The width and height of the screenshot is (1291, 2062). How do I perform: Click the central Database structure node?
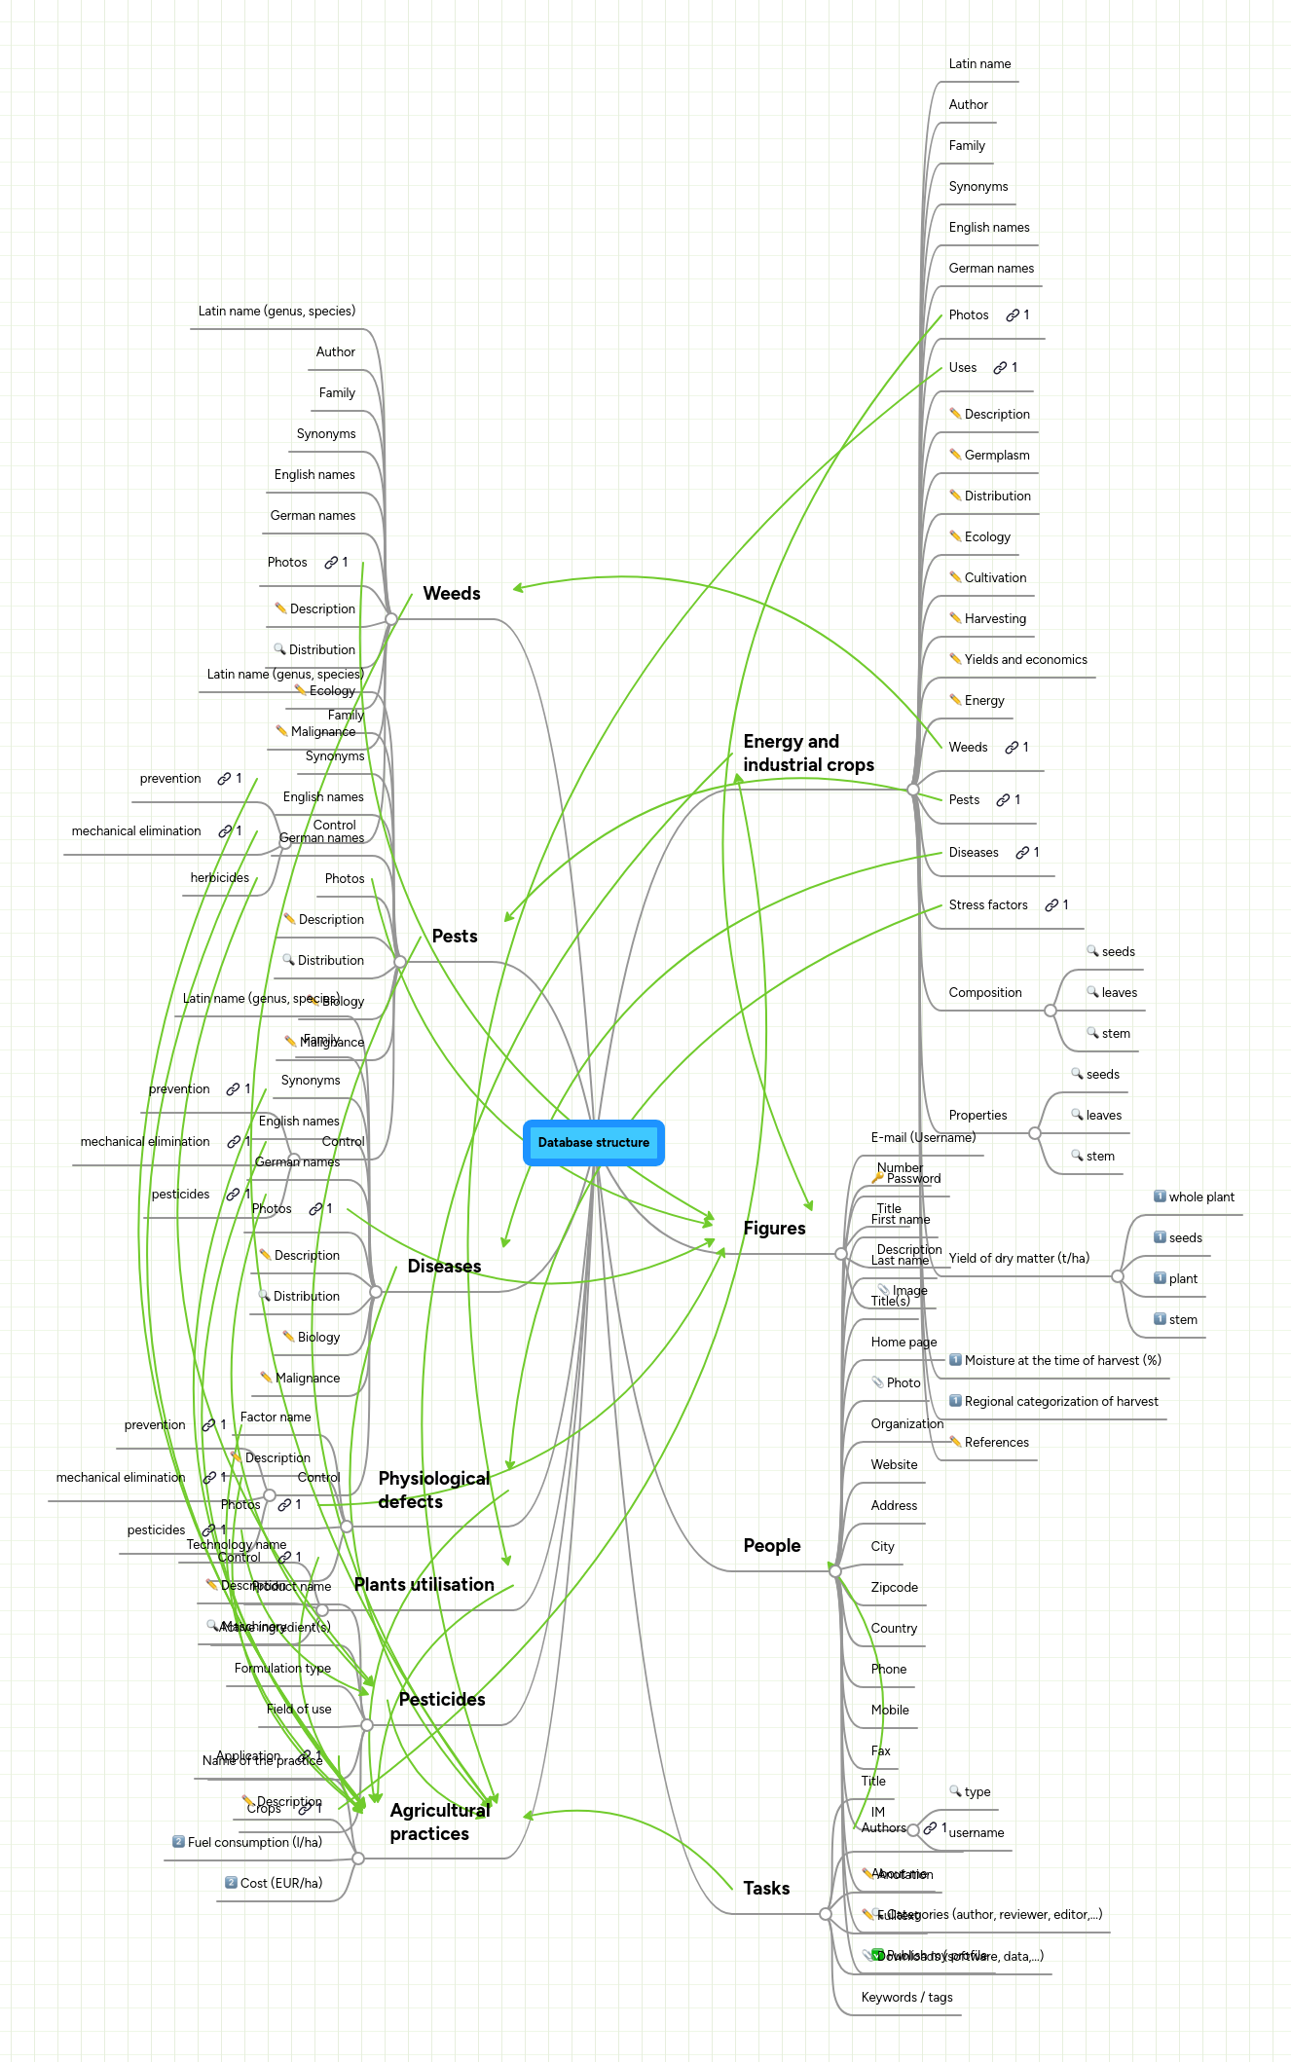[x=593, y=1142]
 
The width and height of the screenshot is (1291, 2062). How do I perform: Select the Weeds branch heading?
[x=452, y=594]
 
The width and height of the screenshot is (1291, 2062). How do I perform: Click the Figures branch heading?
[x=774, y=1229]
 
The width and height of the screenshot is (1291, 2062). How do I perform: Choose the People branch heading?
[x=771, y=1546]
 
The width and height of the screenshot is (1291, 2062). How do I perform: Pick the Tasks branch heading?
[x=766, y=1889]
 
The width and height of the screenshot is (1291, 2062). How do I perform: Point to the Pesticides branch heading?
[x=442, y=1700]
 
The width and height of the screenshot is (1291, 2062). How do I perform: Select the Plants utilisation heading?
[x=424, y=1585]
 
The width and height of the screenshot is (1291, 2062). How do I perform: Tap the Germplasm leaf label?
[x=996, y=456]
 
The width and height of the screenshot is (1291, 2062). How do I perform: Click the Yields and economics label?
[x=1025, y=660]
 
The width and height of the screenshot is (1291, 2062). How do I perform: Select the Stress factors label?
[x=988, y=905]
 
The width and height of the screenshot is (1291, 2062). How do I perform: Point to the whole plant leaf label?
[x=1200, y=1197]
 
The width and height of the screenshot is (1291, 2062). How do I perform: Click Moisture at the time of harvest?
[x=1062, y=1361]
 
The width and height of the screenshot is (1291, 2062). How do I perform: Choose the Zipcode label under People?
[x=894, y=1588]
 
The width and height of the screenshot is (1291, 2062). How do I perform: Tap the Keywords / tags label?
[x=906, y=1998]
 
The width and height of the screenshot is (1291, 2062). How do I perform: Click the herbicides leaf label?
[x=219, y=878]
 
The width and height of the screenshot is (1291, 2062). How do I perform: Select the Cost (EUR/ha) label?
[x=280, y=1884]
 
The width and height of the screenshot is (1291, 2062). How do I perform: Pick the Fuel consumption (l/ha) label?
[x=254, y=1843]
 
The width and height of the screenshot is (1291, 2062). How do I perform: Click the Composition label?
[x=984, y=993]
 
